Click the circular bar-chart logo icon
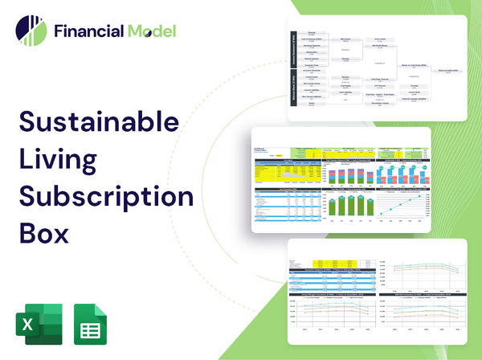[x=31, y=30]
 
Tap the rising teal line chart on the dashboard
[x=405, y=205]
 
